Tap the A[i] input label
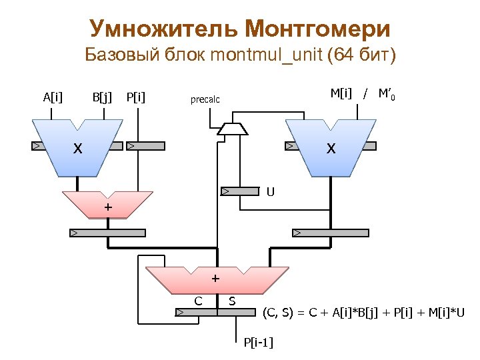tap(53, 98)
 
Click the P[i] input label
tap(136, 98)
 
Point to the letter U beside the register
tap(271, 192)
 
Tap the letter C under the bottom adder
tap(198, 301)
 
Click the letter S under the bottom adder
tap(232, 301)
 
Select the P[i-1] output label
tap(259, 343)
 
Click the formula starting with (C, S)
tap(364, 312)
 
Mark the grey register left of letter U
tap(240, 192)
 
